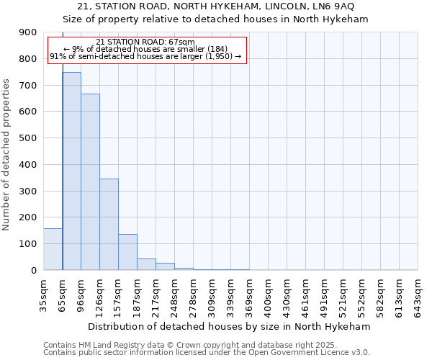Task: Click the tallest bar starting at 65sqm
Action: pos(71,171)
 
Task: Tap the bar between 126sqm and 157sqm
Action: pos(109,224)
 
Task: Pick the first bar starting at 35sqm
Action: pos(53,249)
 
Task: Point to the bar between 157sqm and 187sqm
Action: pos(127,252)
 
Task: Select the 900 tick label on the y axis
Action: pos(28,32)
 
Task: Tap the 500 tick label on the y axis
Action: pos(28,138)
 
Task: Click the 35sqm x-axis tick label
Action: pos(44,295)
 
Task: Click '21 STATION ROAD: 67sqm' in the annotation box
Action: pos(145,42)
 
